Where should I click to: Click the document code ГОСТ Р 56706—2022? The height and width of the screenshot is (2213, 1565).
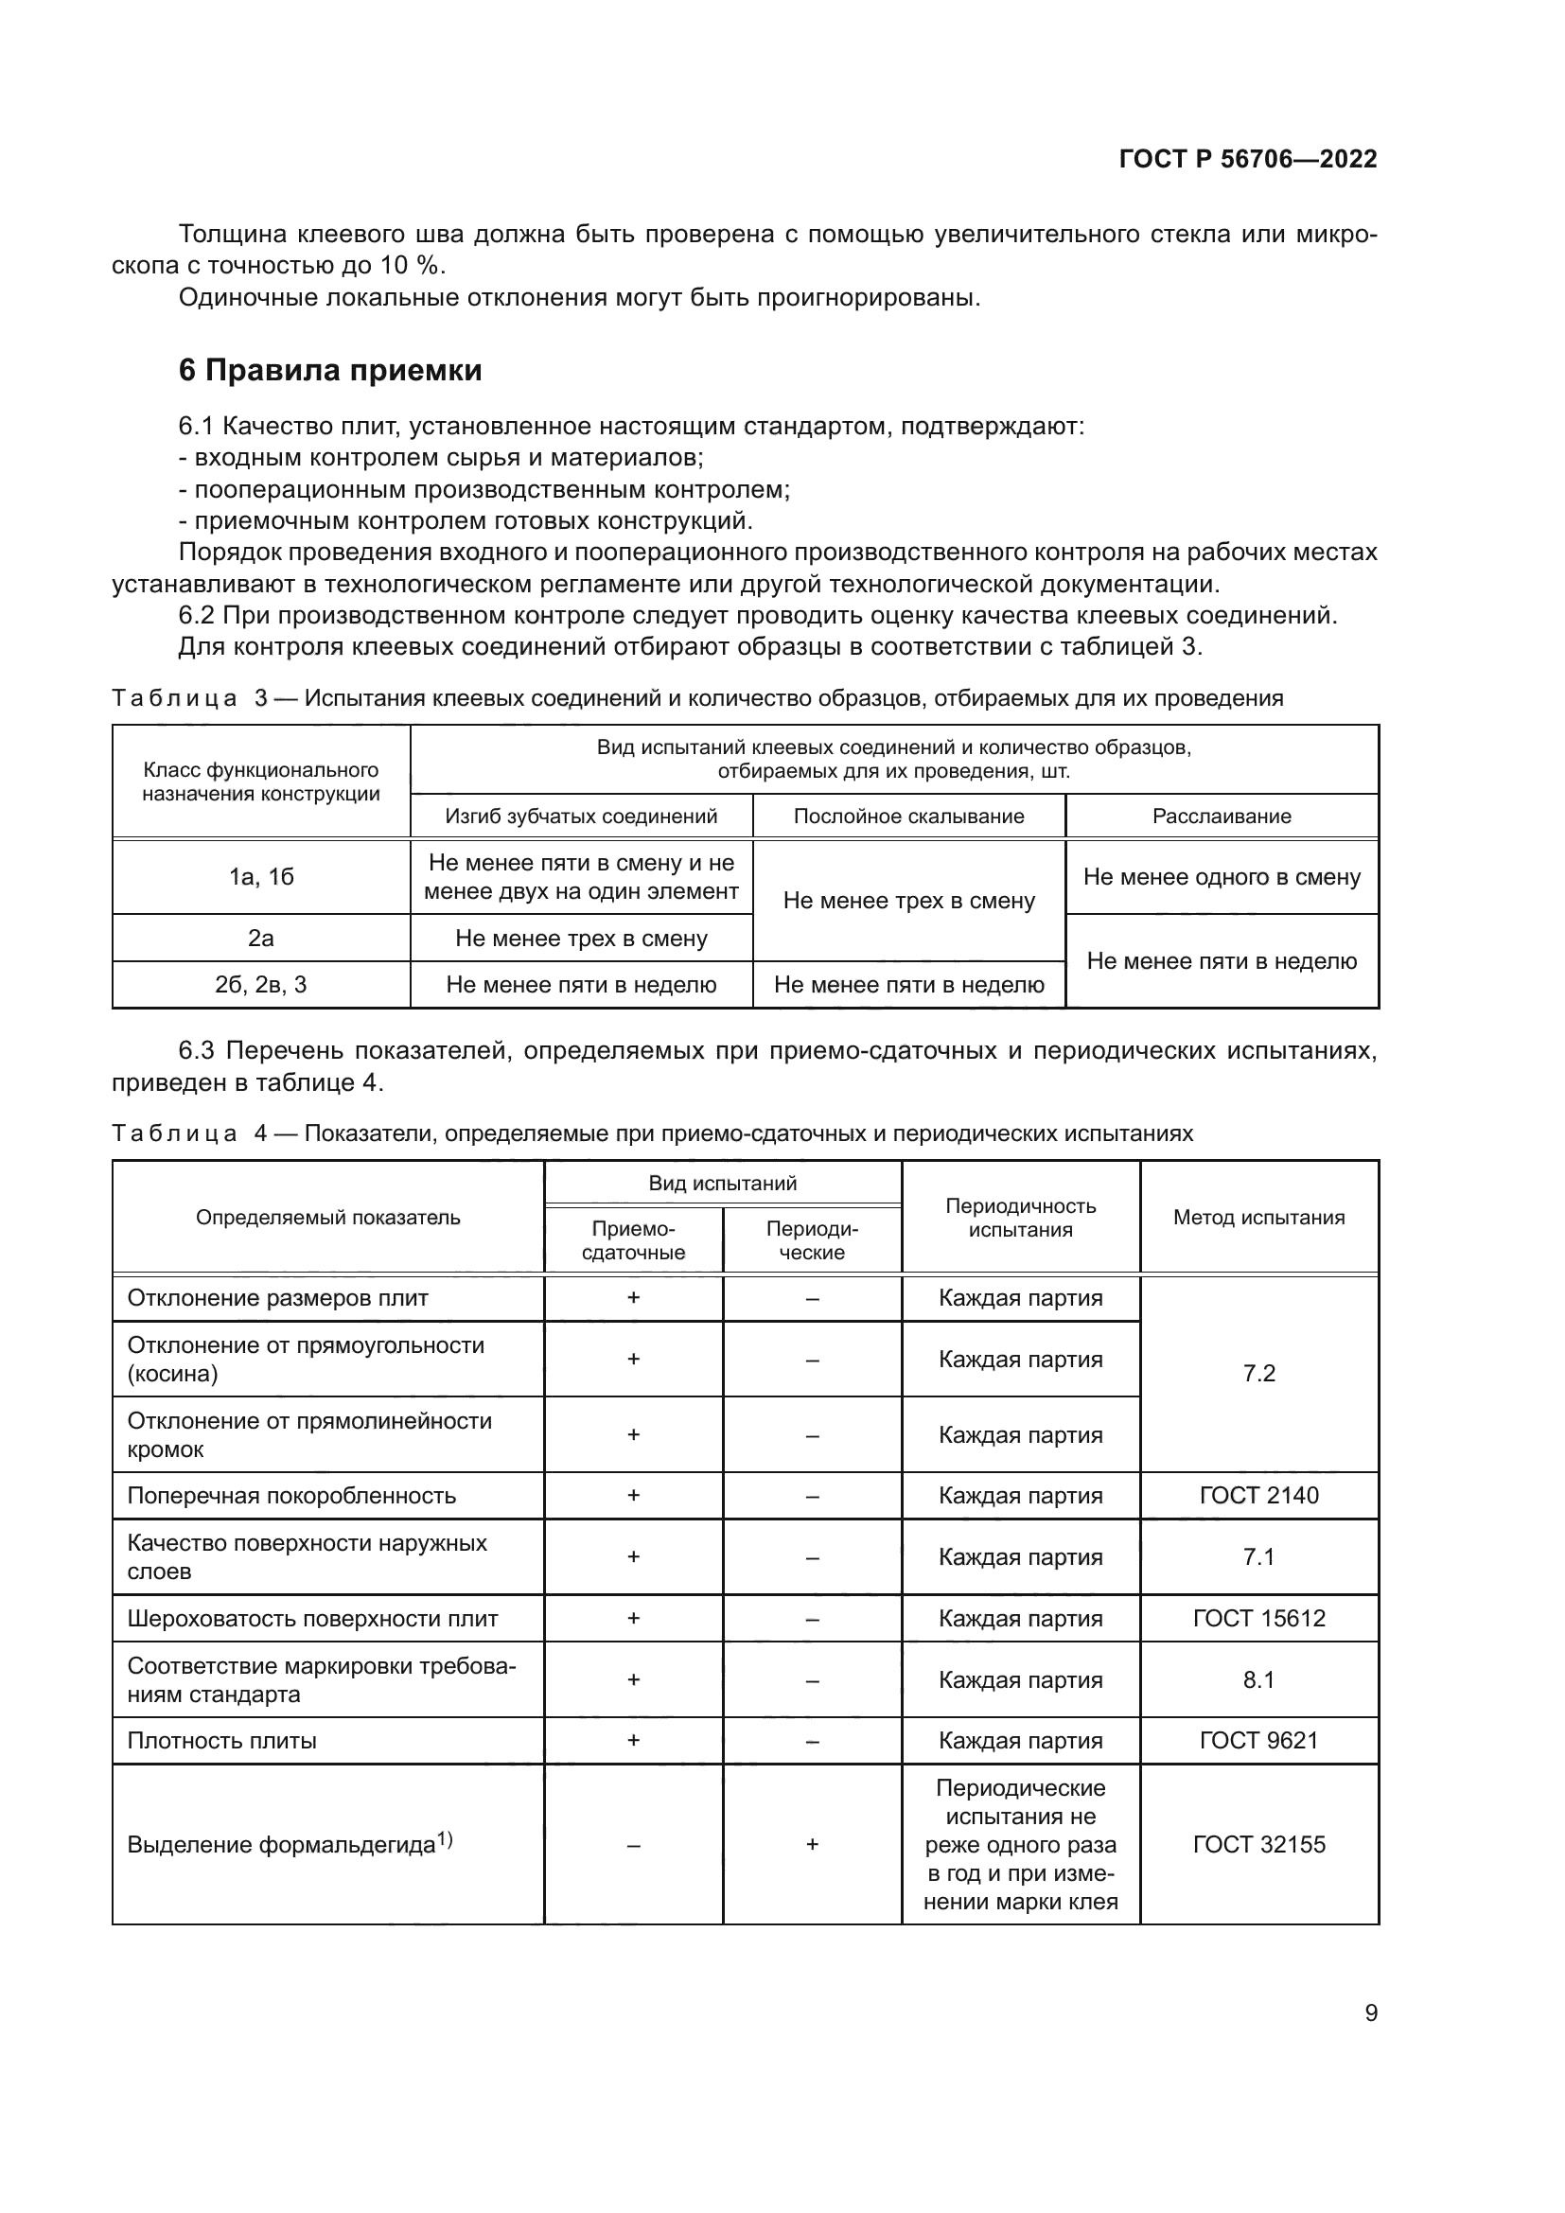[1247, 159]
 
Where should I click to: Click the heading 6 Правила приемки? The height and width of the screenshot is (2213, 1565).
[329, 370]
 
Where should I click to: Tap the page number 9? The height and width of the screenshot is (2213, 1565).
[1370, 2012]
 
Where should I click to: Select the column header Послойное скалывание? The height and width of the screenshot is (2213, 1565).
[907, 817]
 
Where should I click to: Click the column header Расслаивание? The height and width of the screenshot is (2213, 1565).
[1221, 817]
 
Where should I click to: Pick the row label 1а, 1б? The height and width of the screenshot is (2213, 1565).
[261, 877]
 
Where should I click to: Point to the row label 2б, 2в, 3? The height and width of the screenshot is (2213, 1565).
[261, 984]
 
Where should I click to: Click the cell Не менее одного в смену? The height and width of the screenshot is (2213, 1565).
[1221, 877]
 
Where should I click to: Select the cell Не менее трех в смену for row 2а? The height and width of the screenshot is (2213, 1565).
[581, 938]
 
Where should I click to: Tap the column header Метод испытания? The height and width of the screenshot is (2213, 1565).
[1257, 1218]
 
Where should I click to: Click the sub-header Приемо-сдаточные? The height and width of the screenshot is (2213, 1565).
[633, 1240]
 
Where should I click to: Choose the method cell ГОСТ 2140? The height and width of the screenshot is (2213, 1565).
[1257, 1495]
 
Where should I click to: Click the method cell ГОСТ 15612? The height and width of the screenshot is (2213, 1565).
[1257, 1618]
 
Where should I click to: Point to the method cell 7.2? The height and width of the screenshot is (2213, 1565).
[1257, 1374]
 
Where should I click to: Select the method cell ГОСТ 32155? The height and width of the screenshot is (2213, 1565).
[1257, 1844]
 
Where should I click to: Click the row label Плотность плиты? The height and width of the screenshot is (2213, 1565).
[221, 1741]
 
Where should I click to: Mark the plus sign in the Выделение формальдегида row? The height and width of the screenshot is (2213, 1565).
[812, 1844]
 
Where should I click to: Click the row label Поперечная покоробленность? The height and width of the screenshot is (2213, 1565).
[291, 1496]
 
